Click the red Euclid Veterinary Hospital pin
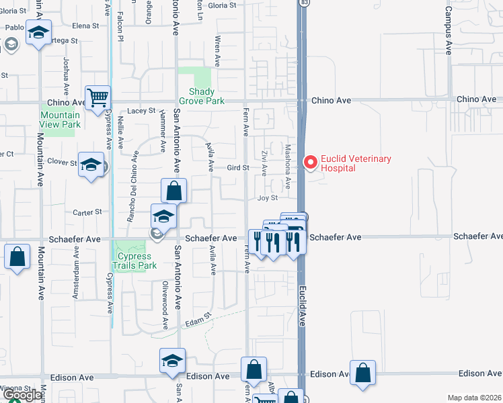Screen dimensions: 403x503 tap(310, 163)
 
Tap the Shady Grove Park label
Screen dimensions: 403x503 tap(201, 96)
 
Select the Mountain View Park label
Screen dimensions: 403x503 tap(60, 120)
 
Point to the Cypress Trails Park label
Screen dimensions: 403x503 tap(134, 260)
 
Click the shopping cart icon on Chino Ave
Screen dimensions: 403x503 tap(98, 98)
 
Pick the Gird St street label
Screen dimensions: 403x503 tap(237, 167)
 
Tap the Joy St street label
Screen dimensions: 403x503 tap(268, 198)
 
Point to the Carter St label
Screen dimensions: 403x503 tap(87, 211)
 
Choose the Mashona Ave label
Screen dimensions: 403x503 tap(287, 167)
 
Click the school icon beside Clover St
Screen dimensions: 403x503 tap(91, 165)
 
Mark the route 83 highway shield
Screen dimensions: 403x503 tap(305, 3)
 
